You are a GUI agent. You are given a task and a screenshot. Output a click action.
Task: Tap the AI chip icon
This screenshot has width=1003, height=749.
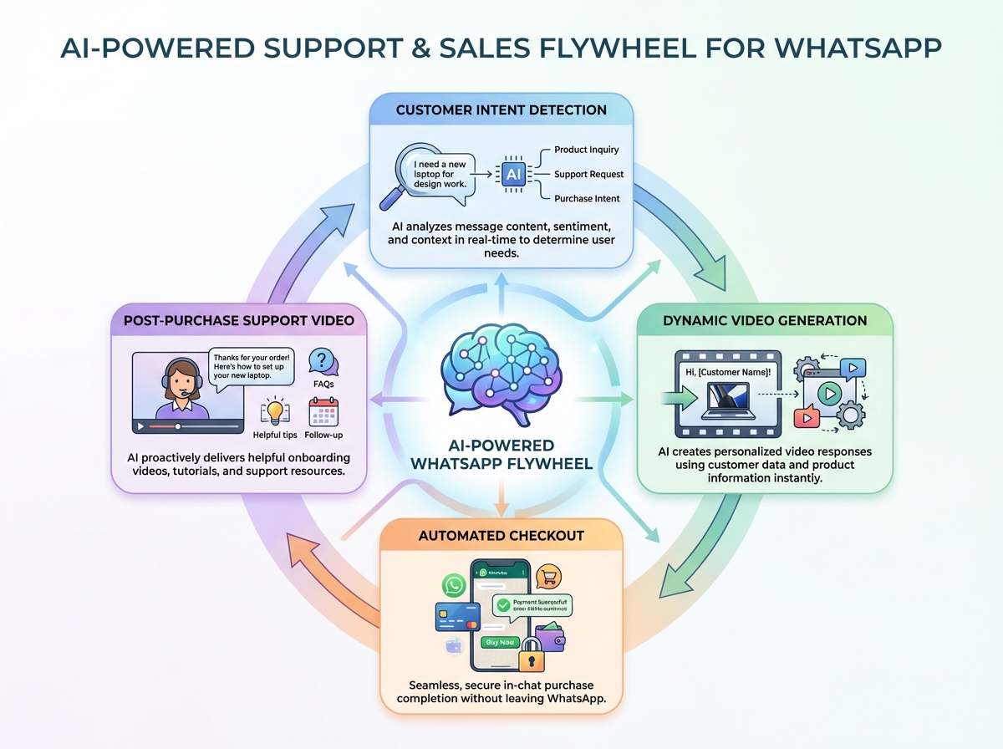pos(512,174)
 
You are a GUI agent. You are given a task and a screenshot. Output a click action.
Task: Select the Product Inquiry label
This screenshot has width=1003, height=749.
pos(587,150)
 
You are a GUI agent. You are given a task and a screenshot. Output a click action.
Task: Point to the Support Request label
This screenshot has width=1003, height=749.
pos(588,174)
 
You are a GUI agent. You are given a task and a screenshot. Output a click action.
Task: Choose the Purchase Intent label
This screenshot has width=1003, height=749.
pos(587,198)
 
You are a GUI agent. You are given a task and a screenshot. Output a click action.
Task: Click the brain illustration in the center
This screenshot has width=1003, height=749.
pos(500,368)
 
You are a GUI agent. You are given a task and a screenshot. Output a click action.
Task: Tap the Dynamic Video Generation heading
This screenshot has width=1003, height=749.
pos(765,320)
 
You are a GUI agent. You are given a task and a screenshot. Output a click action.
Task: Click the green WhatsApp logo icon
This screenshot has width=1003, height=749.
pos(454,584)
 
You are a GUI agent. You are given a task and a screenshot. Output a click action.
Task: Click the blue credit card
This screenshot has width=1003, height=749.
pos(455,618)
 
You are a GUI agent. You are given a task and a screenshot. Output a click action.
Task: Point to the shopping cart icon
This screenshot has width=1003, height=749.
pos(549,576)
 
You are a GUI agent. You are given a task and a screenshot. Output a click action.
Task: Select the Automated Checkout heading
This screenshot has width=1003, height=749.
pos(501,535)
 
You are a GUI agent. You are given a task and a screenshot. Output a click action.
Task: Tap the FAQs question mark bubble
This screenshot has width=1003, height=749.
pos(323,360)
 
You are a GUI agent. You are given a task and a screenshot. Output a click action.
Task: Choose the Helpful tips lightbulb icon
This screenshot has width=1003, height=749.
pos(274,412)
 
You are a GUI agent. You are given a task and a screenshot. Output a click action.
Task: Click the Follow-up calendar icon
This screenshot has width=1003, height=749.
pos(323,412)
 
